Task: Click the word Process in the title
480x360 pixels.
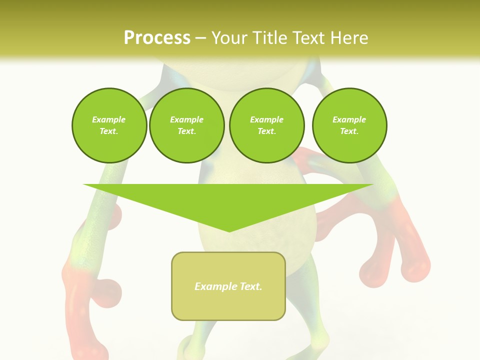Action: pyautogui.click(x=157, y=38)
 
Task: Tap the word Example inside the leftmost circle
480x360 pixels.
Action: pyautogui.click(x=109, y=119)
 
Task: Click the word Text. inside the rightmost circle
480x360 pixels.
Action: pyautogui.click(x=349, y=131)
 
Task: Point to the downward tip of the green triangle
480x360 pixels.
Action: pyautogui.click(x=229, y=230)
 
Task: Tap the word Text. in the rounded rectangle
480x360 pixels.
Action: pyautogui.click(x=251, y=286)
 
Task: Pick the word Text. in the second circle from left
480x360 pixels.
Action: pyautogui.click(x=187, y=131)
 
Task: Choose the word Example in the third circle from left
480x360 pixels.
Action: pyautogui.click(x=267, y=119)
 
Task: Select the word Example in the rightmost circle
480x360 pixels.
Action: pyautogui.click(x=349, y=119)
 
